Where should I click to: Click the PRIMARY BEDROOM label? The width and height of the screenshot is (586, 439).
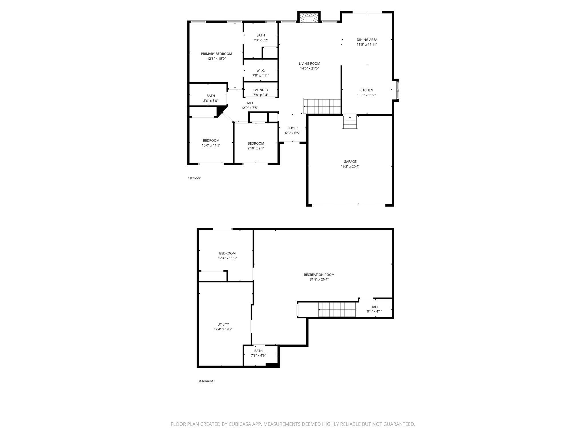216,54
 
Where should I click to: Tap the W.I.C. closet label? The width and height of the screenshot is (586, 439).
261,71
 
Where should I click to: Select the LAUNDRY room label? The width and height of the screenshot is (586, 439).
261,90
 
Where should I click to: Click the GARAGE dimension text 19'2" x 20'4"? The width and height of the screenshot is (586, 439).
350,166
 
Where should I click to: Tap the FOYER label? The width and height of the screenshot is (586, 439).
292,128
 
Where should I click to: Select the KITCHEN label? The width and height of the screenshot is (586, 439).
366,90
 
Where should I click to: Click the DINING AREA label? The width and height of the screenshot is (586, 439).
367,40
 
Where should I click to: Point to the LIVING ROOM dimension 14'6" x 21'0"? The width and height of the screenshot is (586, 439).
309,69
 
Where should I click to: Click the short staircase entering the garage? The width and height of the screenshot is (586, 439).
350,122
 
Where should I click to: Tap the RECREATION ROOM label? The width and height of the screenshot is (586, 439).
319,275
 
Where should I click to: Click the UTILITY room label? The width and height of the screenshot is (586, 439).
223,324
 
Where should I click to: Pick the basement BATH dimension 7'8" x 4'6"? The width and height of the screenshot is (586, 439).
258,356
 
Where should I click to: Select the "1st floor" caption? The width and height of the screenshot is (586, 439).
194,178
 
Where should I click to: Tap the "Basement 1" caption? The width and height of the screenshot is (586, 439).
206,381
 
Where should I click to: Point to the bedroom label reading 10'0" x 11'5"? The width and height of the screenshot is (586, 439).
211,145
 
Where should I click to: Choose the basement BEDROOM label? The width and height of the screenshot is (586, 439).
227,253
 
